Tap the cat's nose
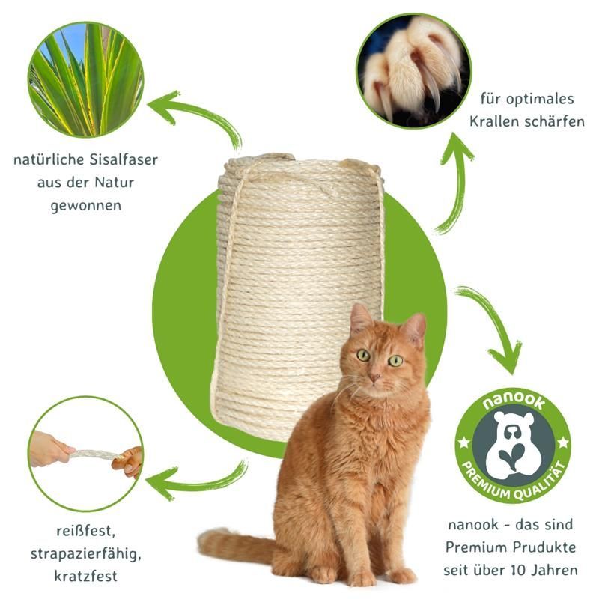click(x=375, y=378)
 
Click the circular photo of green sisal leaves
click(x=86, y=79)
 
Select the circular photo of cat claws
click(x=414, y=71)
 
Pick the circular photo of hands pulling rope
click(x=86, y=454)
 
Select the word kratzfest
click(x=85, y=576)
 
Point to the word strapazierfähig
click(x=85, y=553)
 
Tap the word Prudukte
click(x=546, y=547)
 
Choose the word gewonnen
click(x=86, y=205)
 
